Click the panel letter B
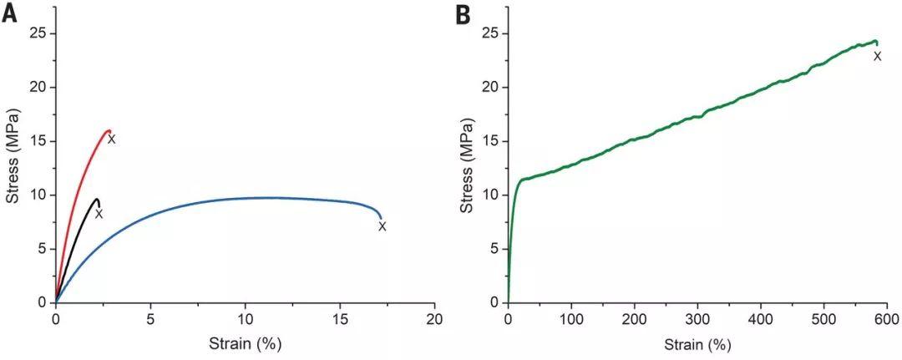[463, 14]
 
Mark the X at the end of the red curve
[112, 139]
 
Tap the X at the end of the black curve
[99, 214]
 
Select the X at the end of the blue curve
[382, 226]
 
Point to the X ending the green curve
[878, 56]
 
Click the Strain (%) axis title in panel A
[246, 344]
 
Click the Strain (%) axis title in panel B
[697, 344]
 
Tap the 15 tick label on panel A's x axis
[340, 319]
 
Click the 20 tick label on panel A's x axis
[435, 319]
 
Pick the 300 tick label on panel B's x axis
[697, 319]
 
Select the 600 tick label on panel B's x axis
[887, 319]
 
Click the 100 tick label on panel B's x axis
[571, 319]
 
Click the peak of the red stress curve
[108, 130]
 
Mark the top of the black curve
[97, 200]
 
